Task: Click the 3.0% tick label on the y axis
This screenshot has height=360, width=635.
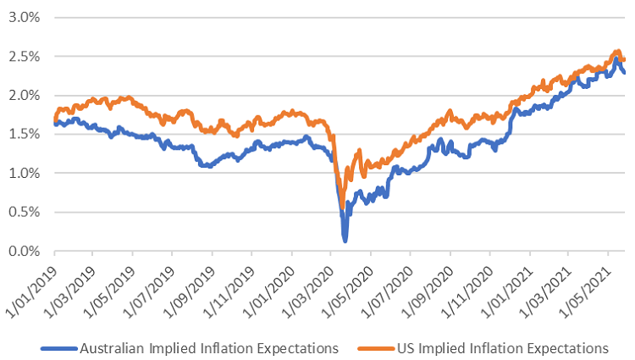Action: (x=24, y=17)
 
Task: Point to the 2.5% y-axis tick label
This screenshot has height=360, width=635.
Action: (x=24, y=56)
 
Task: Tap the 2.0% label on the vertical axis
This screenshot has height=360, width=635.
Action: (x=24, y=95)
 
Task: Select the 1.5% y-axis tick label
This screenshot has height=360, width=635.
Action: (x=24, y=134)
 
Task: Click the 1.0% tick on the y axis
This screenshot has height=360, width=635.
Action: (x=24, y=173)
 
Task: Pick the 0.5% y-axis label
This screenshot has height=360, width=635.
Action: (x=24, y=212)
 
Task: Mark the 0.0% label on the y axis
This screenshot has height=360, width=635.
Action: (x=24, y=251)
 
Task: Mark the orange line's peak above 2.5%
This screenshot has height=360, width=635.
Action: (x=617, y=53)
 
